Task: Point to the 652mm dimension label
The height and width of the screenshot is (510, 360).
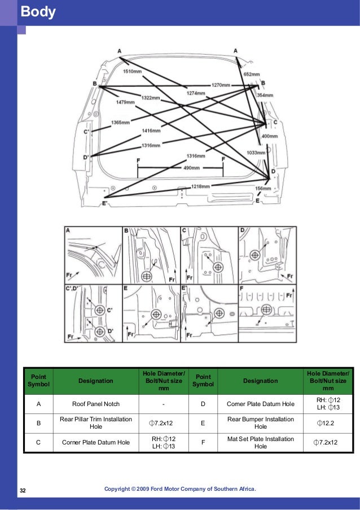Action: [x=252, y=75]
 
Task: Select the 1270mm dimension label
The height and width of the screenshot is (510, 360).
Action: [x=221, y=85]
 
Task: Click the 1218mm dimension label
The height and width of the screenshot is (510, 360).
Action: [x=201, y=186]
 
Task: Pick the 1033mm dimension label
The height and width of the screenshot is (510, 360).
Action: [x=256, y=153]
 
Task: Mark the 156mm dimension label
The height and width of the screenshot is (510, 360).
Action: [x=264, y=189]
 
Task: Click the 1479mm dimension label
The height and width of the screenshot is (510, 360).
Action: [x=125, y=102]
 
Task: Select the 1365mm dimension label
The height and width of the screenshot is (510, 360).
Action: [x=120, y=123]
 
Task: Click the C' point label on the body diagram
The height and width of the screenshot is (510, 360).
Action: [x=86, y=132]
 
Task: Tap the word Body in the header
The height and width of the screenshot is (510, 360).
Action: [x=38, y=12]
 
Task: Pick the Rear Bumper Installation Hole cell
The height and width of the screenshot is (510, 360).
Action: [x=260, y=422]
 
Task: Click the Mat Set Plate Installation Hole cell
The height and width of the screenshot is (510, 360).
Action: [x=260, y=442]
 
